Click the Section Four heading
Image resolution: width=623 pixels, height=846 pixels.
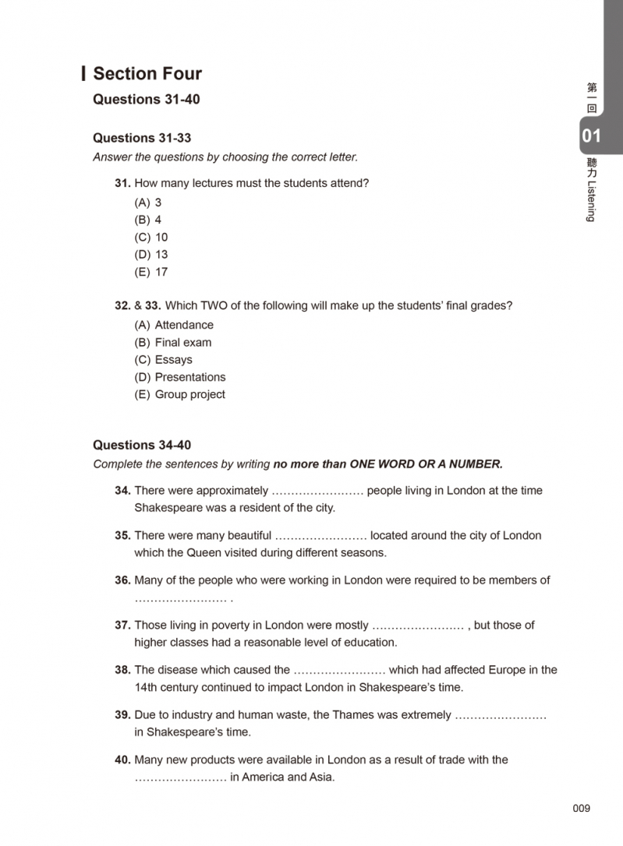147,74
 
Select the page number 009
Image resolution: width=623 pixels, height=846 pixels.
582,808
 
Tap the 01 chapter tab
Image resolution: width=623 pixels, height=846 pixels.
592,136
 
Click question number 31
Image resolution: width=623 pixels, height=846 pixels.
122,183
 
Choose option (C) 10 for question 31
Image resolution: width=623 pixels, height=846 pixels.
151,237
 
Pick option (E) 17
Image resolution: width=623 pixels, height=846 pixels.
151,272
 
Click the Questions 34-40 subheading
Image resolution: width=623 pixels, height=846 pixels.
142,445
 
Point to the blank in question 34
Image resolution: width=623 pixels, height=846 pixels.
317,492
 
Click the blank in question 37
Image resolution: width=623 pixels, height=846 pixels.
419,626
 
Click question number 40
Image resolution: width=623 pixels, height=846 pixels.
122,760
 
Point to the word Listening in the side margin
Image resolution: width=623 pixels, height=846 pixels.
592,198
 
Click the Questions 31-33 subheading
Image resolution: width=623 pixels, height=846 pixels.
142,138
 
